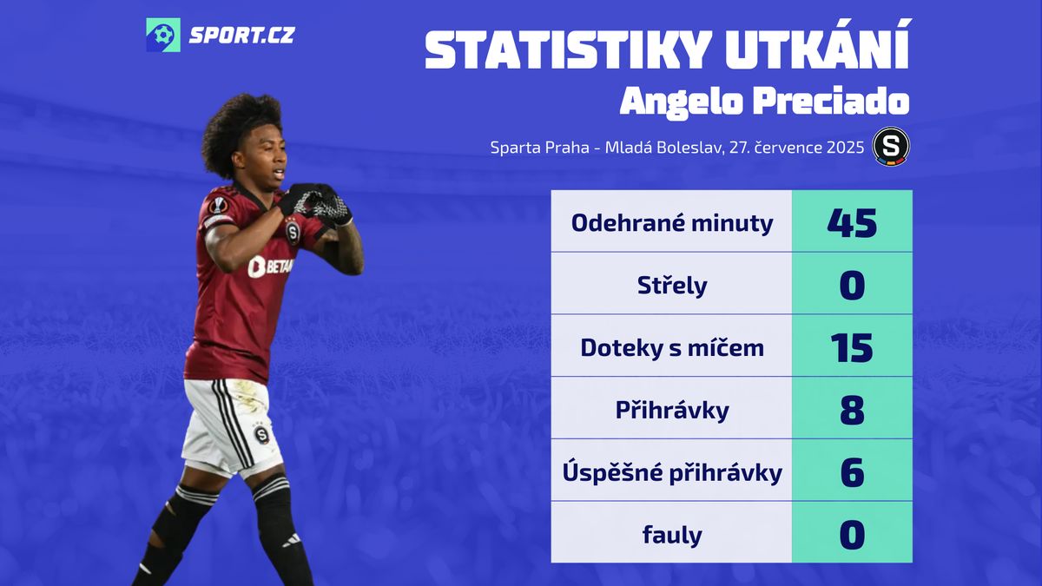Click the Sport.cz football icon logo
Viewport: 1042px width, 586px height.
pyautogui.click(x=163, y=35)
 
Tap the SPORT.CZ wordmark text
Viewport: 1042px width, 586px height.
pyautogui.click(x=241, y=36)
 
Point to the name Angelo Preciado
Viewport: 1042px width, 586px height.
pyautogui.click(x=764, y=102)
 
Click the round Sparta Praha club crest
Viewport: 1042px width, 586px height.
pyautogui.click(x=891, y=147)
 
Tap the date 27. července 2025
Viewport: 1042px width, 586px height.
pyautogui.click(x=797, y=148)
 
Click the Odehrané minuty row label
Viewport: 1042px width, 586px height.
pyautogui.click(x=672, y=223)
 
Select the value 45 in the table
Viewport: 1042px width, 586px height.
pyautogui.click(x=852, y=223)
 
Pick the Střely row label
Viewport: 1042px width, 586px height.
pyautogui.click(x=672, y=285)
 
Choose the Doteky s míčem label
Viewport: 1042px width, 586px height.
pyautogui.click(x=672, y=347)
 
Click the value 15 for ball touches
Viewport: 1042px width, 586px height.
pyautogui.click(x=852, y=347)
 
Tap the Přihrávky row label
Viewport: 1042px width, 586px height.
pyautogui.click(x=672, y=410)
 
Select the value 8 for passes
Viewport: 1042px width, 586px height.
pyautogui.click(x=852, y=410)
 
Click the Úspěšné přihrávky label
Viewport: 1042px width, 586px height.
pyautogui.click(x=672, y=472)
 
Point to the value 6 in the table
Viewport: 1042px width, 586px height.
pyautogui.click(x=852, y=472)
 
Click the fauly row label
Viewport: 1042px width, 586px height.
pyautogui.click(x=672, y=535)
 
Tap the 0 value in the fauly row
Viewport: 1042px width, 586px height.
pyautogui.click(x=852, y=535)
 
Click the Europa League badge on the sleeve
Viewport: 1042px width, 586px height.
pyautogui.click(x=218, y=205)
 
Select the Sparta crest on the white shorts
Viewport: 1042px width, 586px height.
pyautogui.click(x=261, y=434)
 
